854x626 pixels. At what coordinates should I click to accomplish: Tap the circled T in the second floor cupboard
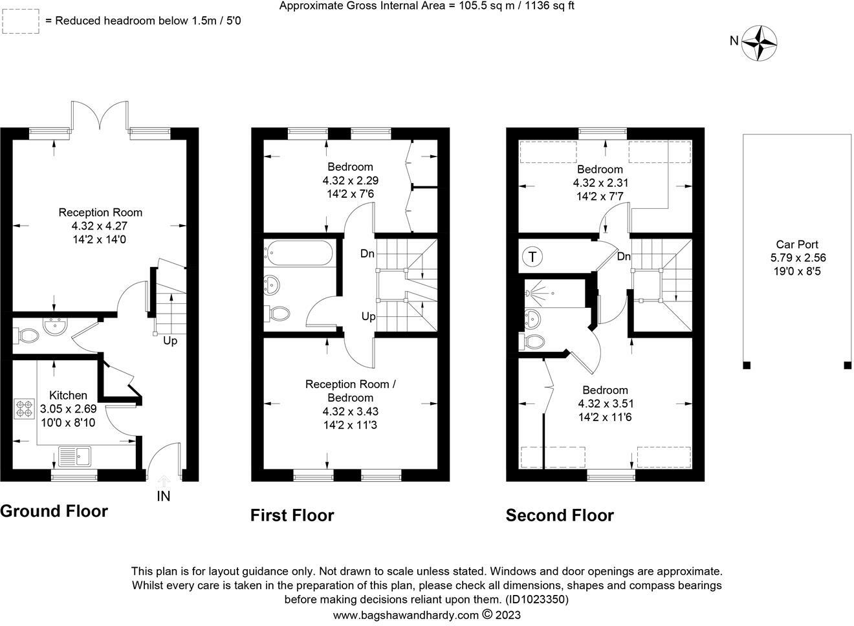[532, 257]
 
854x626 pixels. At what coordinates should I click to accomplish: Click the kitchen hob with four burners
[24, 409]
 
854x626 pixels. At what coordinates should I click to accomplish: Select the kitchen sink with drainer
[75, 457]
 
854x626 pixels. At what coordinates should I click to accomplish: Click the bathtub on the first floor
[300, 253]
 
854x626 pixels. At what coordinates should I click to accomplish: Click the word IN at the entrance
[164, 496]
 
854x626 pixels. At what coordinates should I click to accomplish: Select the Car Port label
[797, 244]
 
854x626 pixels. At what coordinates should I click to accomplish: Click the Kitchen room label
[68, 395]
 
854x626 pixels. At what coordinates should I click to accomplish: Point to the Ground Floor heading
[54, 512]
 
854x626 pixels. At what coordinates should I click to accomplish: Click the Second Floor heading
[560, 515]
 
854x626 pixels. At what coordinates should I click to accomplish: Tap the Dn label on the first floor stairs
[367, 254]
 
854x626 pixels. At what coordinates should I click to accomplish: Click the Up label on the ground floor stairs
[170, 341]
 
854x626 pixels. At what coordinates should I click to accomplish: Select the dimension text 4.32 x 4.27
[100, 226]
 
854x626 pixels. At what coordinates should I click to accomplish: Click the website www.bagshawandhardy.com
[406, 616]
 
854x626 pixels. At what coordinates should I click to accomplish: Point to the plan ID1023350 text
[537, 599]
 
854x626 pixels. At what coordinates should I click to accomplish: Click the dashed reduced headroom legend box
[21, 21]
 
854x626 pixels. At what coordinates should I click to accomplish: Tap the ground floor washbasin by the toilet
[56, 327]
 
